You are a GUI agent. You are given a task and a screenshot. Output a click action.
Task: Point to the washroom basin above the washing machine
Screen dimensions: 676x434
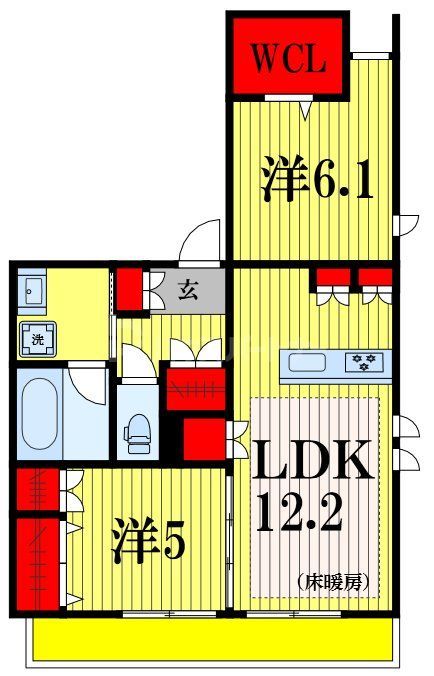34,291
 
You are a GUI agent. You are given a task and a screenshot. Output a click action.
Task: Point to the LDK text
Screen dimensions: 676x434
312,462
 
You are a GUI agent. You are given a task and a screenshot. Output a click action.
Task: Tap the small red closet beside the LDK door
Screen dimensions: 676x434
203,437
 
